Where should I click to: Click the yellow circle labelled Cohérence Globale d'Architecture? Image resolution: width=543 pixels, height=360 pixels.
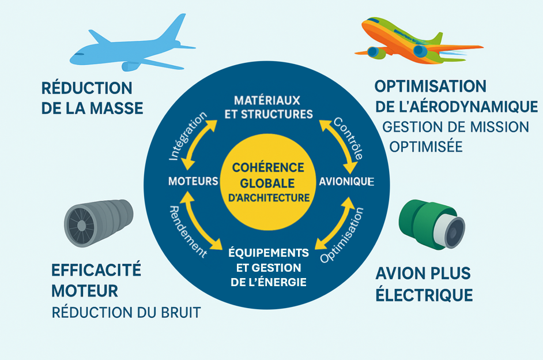(267, 182)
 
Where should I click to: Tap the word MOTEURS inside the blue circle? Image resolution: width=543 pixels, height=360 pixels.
(193, 181)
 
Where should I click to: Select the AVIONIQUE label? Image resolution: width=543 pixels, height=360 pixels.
(346, 181)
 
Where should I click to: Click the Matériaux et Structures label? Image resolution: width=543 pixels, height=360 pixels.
(268, 107)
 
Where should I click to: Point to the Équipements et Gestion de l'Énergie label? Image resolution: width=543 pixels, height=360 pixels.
(269, 267)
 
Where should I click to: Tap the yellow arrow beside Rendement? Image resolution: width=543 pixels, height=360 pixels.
(201, 220)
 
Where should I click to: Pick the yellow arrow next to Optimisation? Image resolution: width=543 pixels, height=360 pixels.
(335, 223)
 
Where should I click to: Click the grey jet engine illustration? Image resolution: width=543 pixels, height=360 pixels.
(99, 223)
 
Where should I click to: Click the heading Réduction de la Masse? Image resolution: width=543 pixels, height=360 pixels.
(92, 98)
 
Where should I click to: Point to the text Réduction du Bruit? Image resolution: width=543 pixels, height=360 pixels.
(126, 313)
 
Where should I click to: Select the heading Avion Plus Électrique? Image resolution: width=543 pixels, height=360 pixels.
(424, 284)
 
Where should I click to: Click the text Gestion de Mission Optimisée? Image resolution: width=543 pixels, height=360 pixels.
(455, 137)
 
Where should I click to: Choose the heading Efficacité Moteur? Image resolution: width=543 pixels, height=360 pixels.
(96, 280)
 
